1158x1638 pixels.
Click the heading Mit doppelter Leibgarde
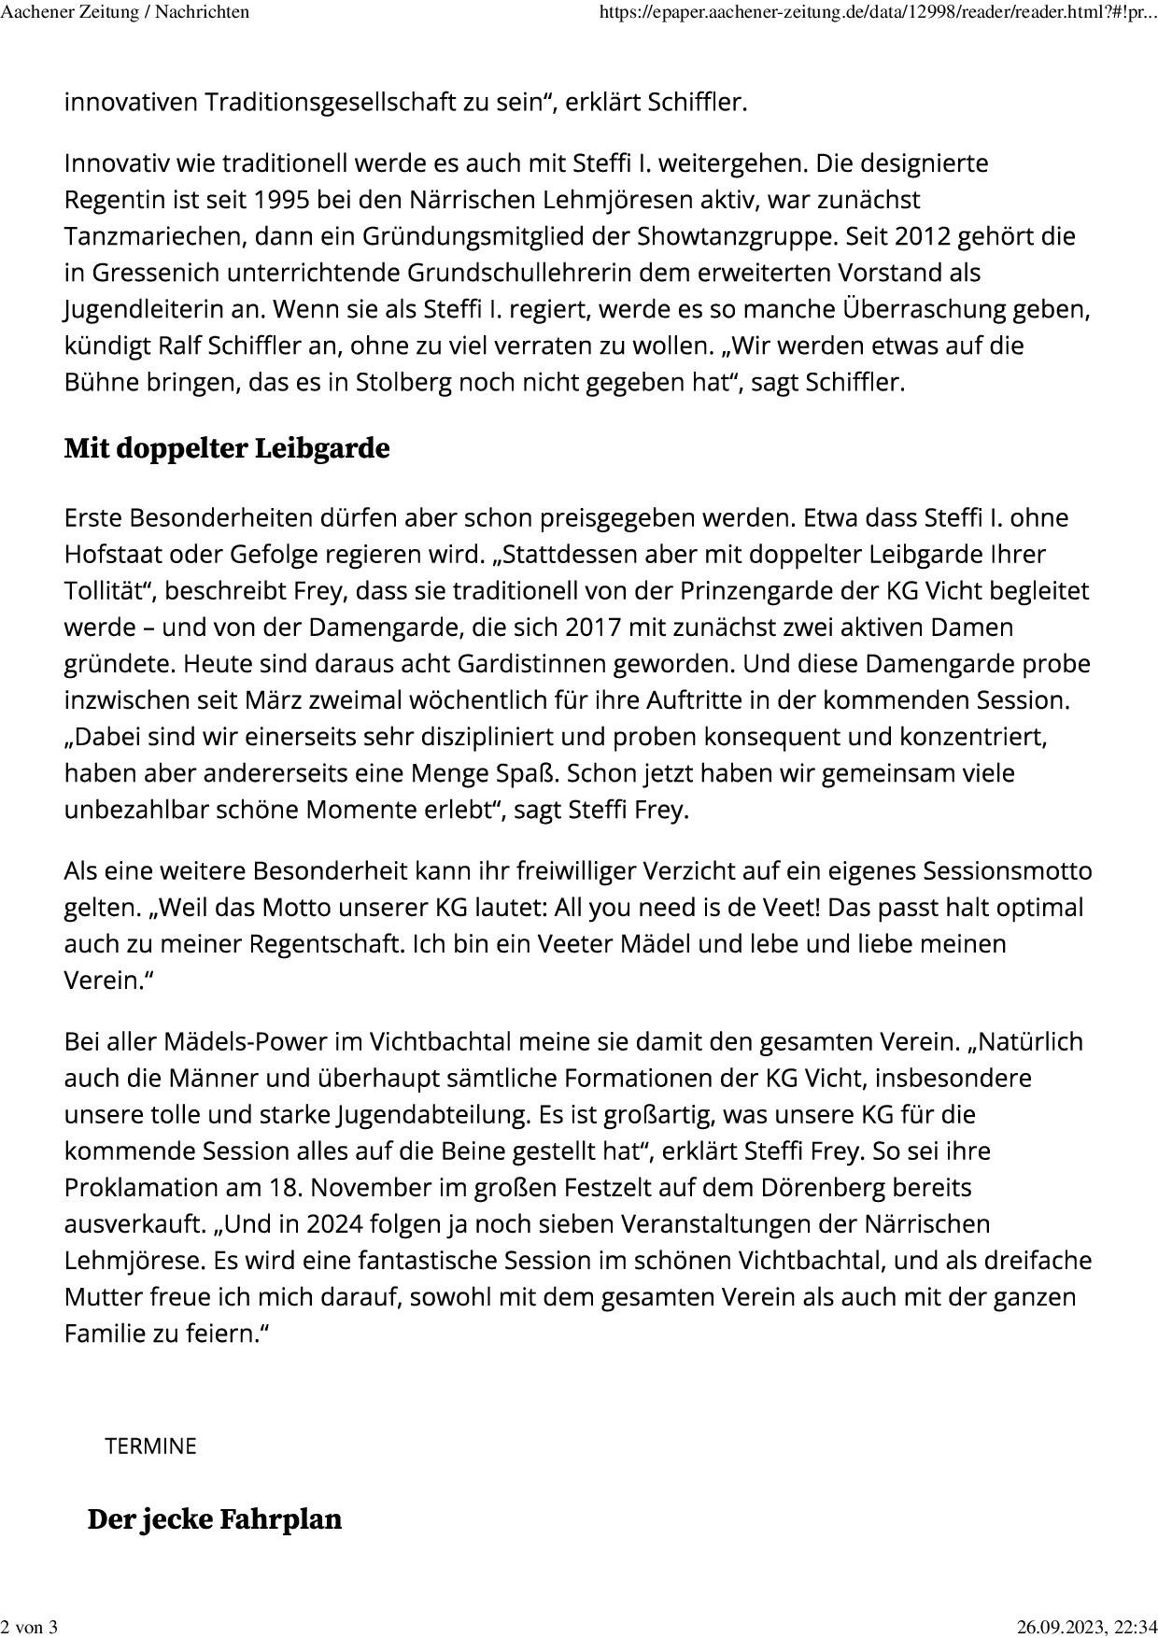click(227, 448)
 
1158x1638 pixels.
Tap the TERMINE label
click(150, 1447)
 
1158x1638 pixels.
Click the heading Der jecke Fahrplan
click(215, 1519)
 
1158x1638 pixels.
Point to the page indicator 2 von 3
click(29, 1628)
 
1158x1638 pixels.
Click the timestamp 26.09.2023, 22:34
click(1086, 1628)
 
